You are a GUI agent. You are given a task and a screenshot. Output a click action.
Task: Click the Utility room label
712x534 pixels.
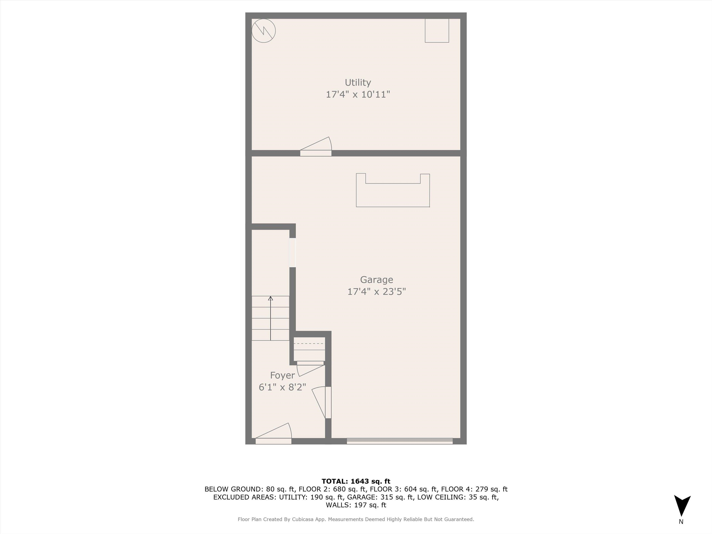pyautogui.click(x=358, y=83)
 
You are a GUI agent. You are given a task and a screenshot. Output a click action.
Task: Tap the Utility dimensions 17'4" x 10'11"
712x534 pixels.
pyautogui.click(x=358, y=94)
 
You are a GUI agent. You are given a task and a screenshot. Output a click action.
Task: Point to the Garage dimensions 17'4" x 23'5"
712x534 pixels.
pyautogui.click(x=376, y=292)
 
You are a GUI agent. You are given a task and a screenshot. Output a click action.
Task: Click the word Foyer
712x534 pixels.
pyautogui.click(x=282, y=375)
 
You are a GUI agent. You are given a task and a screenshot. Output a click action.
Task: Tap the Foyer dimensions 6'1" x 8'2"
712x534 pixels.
pyautogui.click(x=282, y=387)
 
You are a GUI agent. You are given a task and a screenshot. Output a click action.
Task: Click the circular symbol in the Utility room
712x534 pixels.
pyautogui.click(x=263, y=31)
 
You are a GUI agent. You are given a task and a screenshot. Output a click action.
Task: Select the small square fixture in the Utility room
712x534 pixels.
pyautogui.click(x=437, y=31)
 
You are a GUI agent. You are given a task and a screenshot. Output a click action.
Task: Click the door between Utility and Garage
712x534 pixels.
pyautogui.click(x=316, y=150)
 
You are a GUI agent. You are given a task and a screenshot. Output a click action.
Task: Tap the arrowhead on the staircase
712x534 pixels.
pyautogui.click(x=270, y=298)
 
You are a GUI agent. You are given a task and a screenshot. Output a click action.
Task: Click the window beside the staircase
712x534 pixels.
pyautogui.click(x=292, y=253)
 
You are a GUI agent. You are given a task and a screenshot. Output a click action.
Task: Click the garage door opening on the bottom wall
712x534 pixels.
pyautogui.click(x=399, y=441)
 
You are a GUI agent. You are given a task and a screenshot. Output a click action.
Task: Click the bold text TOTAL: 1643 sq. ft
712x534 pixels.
pyautogui.click(x=356, y=481)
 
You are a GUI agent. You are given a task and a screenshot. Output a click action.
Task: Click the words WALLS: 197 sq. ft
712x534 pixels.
pyautogui.click(x=356, y=505)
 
